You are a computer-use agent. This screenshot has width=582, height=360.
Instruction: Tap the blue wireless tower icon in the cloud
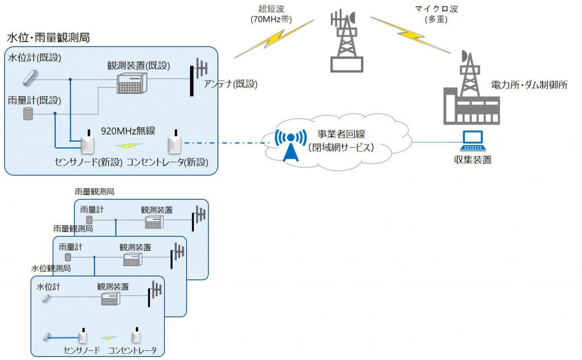point(290,144)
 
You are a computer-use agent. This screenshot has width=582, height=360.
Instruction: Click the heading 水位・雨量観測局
point(48,38)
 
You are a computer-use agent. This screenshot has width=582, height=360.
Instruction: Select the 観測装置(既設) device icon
point(132,83)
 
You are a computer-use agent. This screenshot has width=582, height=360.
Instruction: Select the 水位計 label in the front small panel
point(49,287)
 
